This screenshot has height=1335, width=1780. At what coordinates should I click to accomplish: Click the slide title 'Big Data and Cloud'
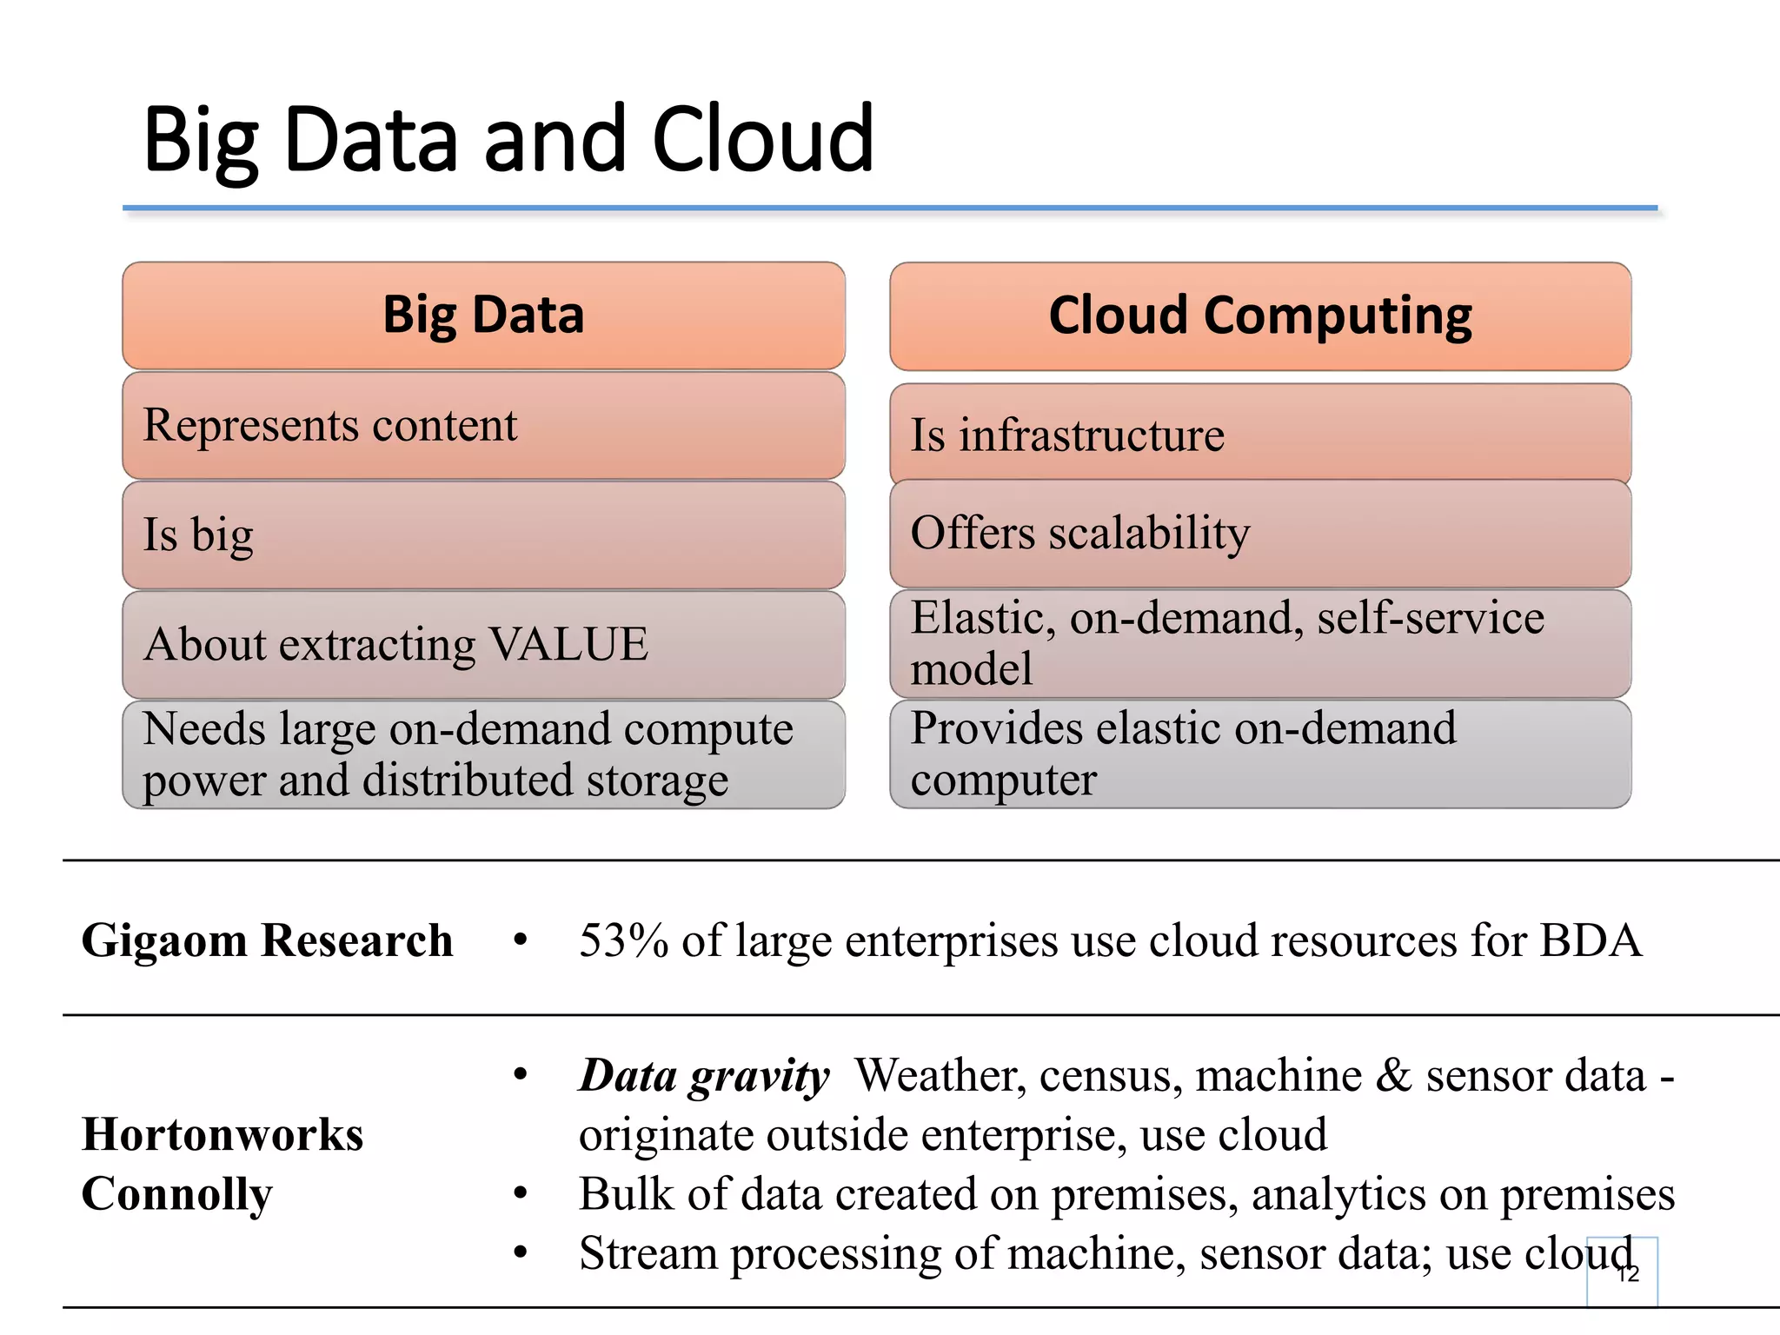508,139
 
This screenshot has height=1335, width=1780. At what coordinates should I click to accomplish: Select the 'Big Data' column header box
483,315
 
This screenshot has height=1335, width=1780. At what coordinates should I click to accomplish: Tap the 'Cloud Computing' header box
1259,316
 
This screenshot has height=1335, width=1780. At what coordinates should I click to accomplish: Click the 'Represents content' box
483,426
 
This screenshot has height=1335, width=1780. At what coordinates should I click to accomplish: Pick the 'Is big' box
483,535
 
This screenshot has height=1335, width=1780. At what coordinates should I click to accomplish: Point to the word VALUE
568,644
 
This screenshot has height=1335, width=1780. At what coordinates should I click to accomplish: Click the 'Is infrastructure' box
1259,434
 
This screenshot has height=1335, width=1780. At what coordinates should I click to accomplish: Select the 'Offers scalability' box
1259,534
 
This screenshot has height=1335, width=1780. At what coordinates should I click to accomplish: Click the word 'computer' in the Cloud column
1003,780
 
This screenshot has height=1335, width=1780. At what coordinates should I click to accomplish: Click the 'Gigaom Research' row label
267,940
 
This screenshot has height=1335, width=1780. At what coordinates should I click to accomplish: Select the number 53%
623,940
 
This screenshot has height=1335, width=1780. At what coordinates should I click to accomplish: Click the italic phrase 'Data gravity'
704,1076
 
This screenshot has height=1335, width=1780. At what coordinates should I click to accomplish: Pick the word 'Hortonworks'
222,1134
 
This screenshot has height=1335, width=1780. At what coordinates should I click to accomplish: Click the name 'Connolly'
176,1194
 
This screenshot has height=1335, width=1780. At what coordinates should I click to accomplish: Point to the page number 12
1628,1274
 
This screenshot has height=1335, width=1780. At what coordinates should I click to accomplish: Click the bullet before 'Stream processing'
520,1252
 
